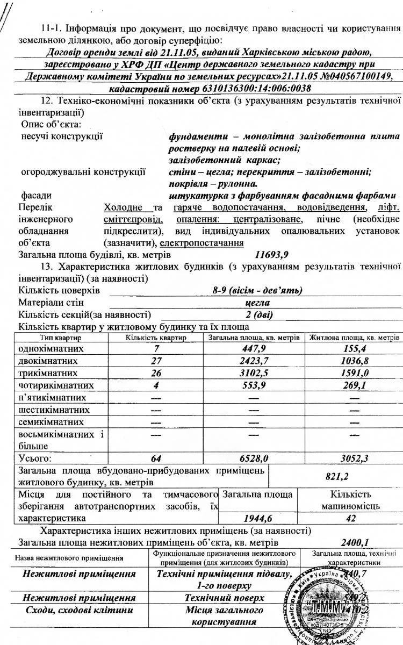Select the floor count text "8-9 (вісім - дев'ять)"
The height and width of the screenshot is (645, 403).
257,291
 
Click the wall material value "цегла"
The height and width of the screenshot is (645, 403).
256,303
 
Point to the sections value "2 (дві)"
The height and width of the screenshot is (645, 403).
257,314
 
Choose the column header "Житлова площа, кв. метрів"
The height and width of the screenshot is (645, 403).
354,338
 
